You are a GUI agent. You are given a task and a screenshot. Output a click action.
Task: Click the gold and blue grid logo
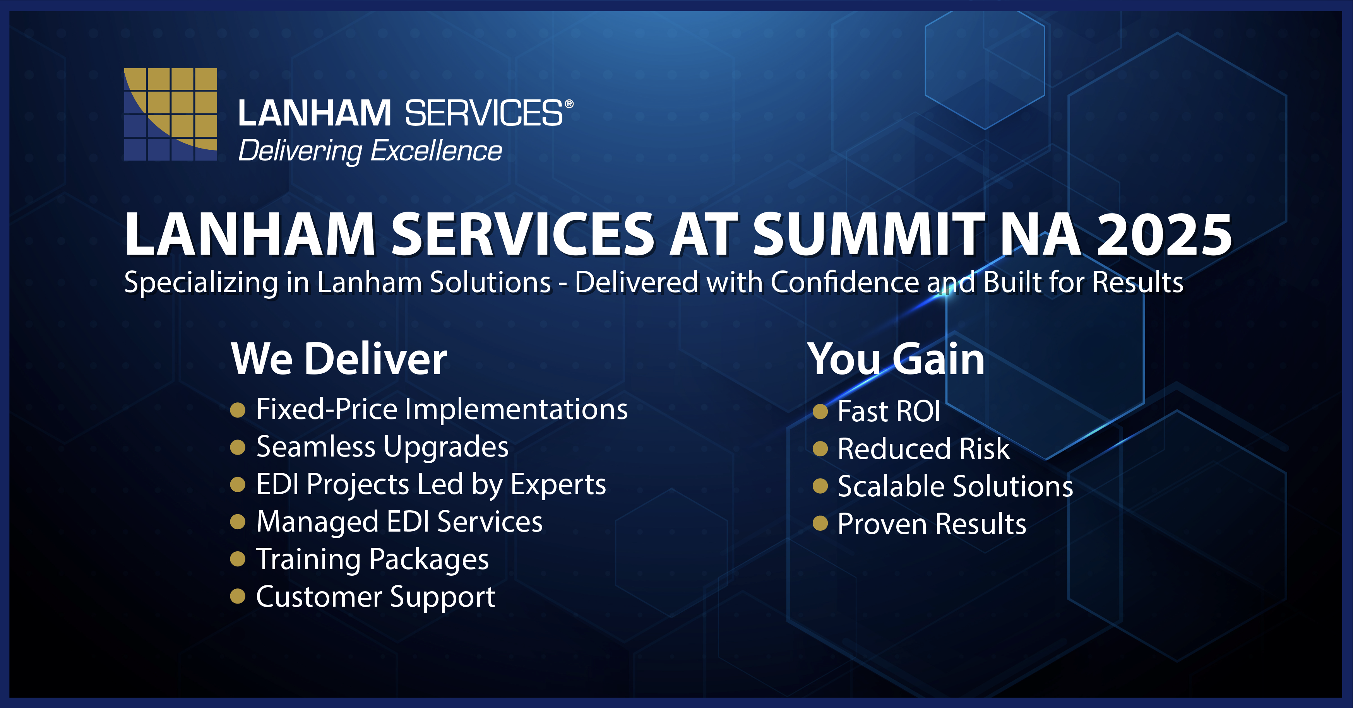170,114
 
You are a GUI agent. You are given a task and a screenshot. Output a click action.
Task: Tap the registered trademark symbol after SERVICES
569,104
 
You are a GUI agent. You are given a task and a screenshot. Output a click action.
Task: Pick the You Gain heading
896,360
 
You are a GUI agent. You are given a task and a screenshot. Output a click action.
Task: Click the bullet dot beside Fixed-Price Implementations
238,410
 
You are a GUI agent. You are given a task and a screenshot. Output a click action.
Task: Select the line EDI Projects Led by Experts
431,485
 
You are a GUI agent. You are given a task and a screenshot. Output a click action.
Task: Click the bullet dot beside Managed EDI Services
238,522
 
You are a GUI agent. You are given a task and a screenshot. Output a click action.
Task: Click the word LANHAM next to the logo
315,113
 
